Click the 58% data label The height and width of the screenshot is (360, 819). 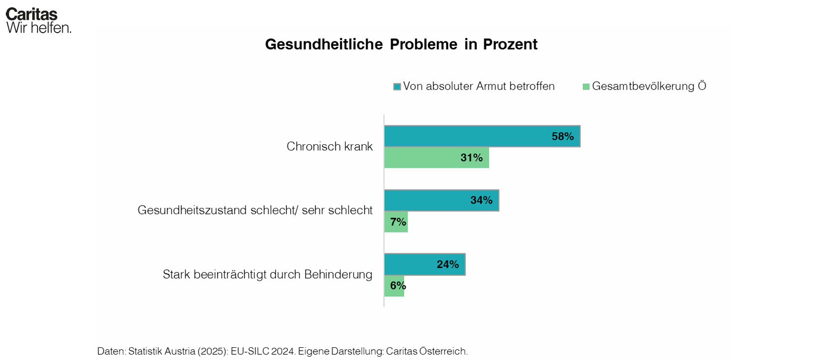562,136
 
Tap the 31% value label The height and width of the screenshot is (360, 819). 471,158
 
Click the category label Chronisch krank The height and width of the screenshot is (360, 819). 329,147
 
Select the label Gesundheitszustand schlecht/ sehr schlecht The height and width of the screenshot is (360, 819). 255,210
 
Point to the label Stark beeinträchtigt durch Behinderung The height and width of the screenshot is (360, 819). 267,275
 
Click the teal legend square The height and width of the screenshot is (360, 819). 397,87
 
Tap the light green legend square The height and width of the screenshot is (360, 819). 586,87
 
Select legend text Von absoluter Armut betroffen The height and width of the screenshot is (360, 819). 479,86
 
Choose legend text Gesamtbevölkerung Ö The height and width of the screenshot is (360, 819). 649,86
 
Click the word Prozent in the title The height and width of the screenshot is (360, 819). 510,44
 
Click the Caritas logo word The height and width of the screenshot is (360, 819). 32,14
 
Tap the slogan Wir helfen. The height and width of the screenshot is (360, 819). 39,28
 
